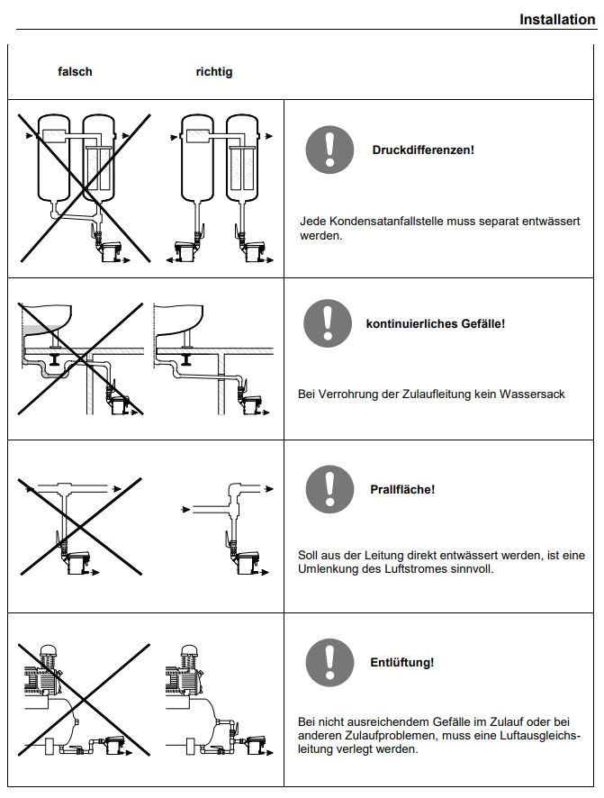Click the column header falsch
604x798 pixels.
pos(76,71)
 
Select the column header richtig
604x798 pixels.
pos(213,71)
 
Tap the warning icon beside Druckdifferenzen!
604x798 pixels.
pos(329,150)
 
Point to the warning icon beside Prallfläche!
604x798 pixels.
pos(329,490)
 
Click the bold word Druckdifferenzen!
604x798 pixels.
pos(423,150)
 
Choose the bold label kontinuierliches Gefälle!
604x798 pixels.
pos(435,323)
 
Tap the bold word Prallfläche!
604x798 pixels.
pos(402,490)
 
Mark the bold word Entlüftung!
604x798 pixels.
pos(401,663)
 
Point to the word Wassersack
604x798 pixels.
pos(535,394)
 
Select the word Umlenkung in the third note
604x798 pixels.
pos(328,569)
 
